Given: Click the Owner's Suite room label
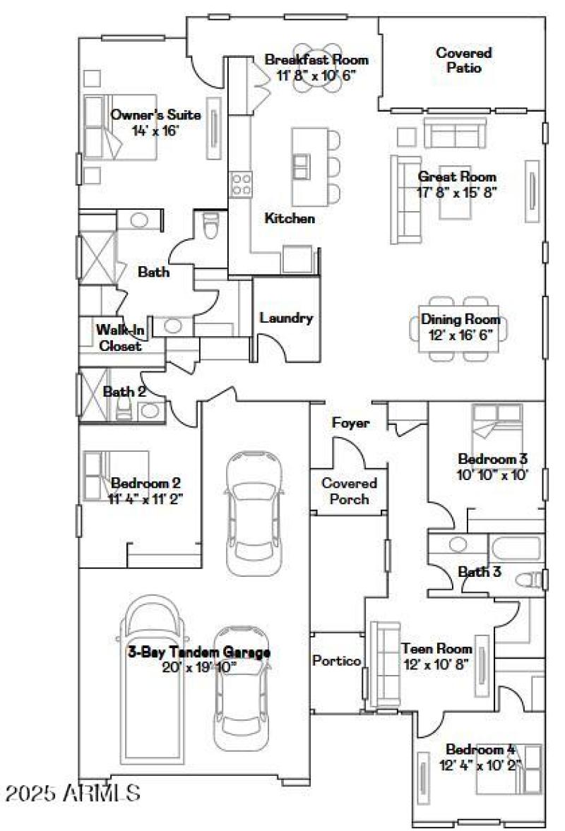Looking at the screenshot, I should click(155, 115).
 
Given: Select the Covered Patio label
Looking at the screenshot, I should click(463, 60).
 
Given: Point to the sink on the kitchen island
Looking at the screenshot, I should click(301, 167).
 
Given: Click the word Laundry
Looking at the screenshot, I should click(286, 318).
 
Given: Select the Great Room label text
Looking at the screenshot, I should click(456, 177).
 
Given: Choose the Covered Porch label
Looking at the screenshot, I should click(349, 491).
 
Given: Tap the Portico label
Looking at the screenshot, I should click(337, 661).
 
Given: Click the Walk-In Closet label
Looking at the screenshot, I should click(119, 337).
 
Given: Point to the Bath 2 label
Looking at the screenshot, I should click(124, 391).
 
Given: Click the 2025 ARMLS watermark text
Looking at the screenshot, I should click(72, 793).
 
